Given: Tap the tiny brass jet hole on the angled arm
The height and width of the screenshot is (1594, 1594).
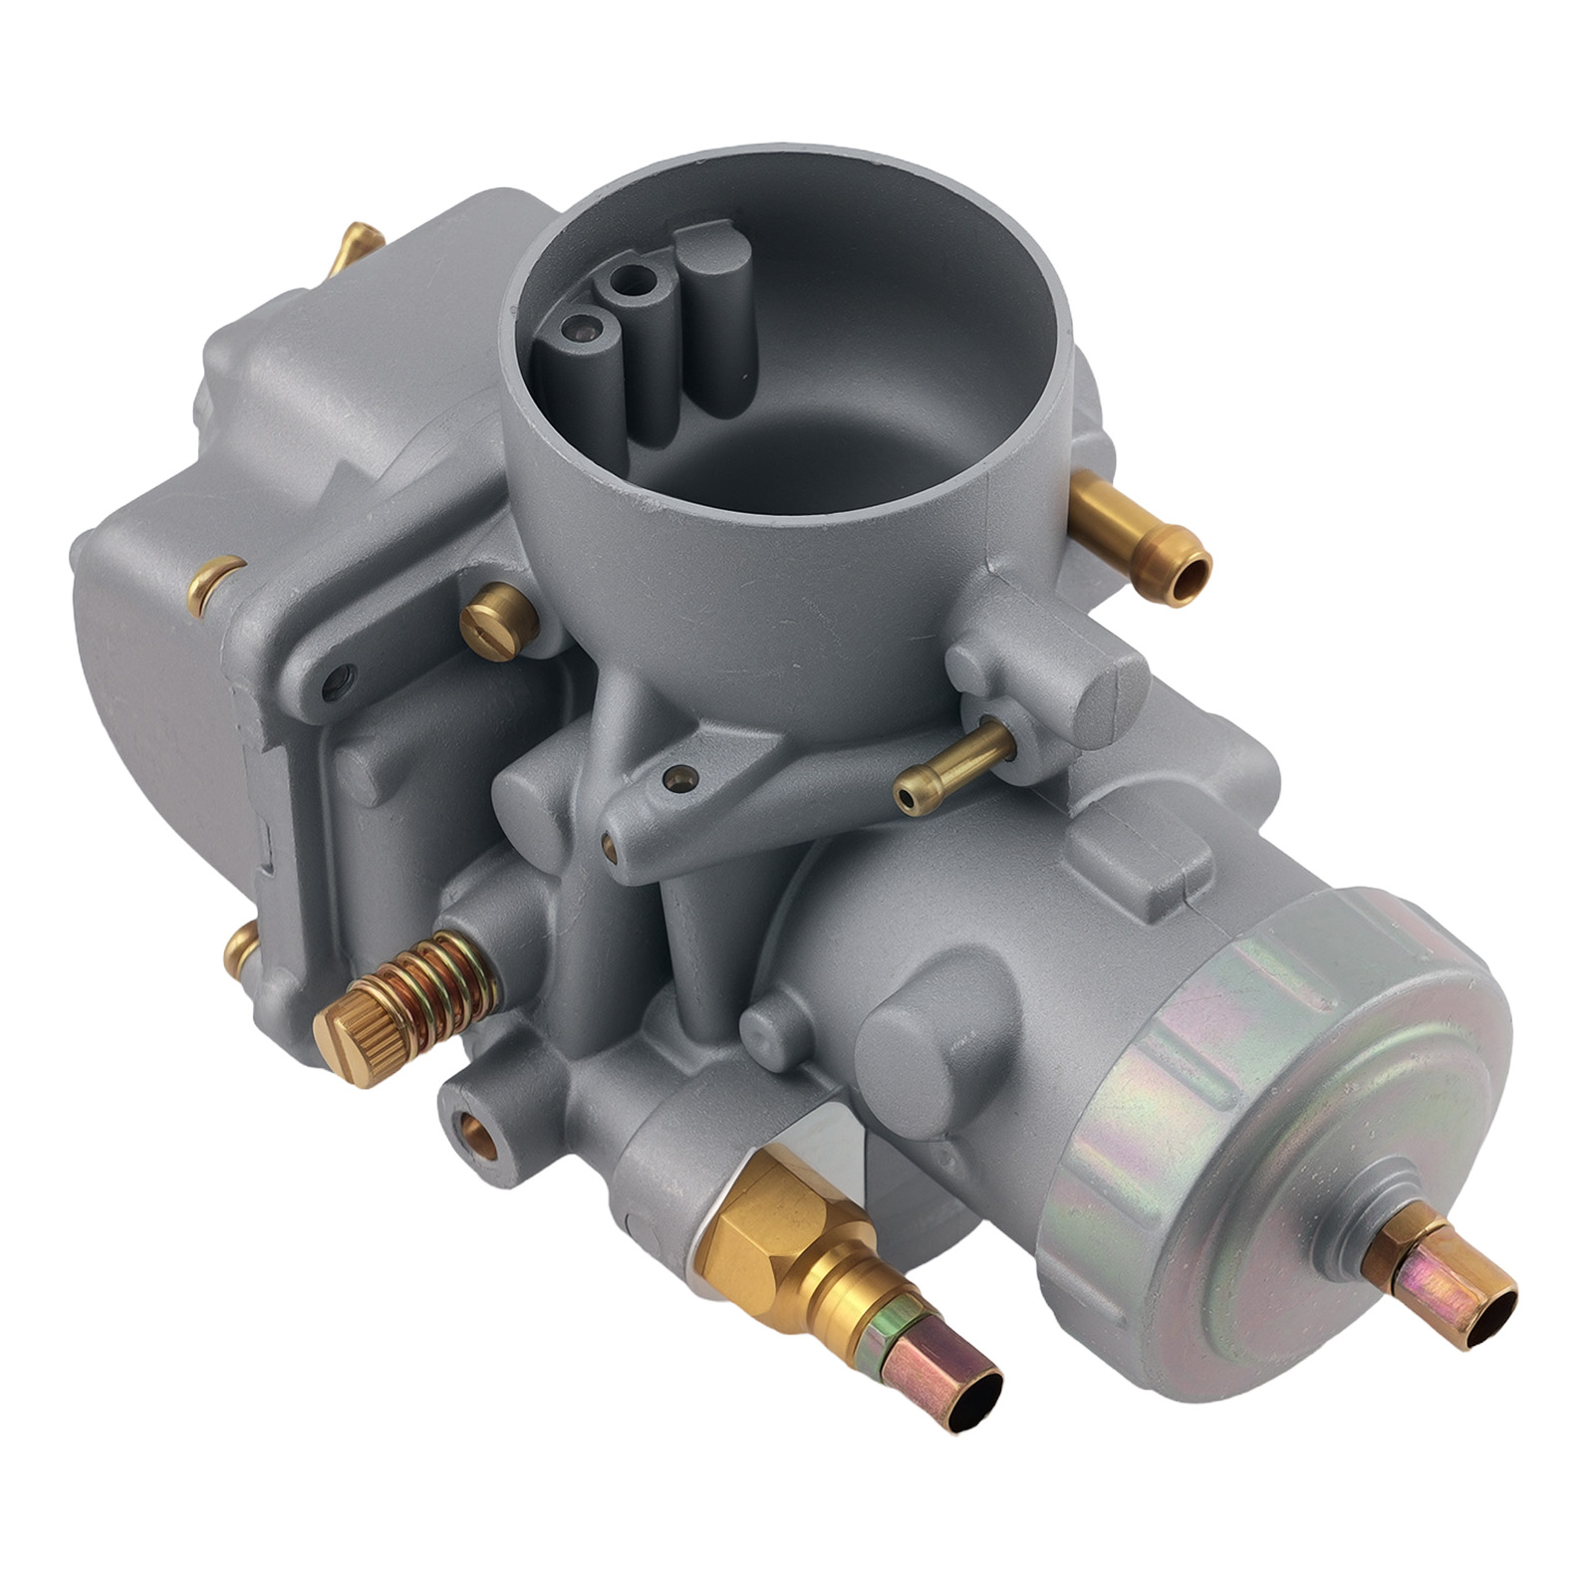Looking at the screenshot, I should (x=680, y=775).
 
